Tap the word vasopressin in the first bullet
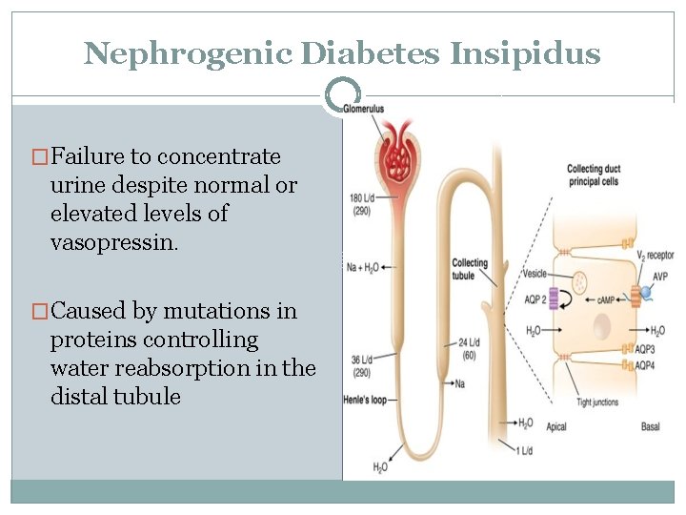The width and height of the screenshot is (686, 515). [113, 242]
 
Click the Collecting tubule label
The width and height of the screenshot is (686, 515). [470, 270]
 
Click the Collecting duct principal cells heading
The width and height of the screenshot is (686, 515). [592, 175]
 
